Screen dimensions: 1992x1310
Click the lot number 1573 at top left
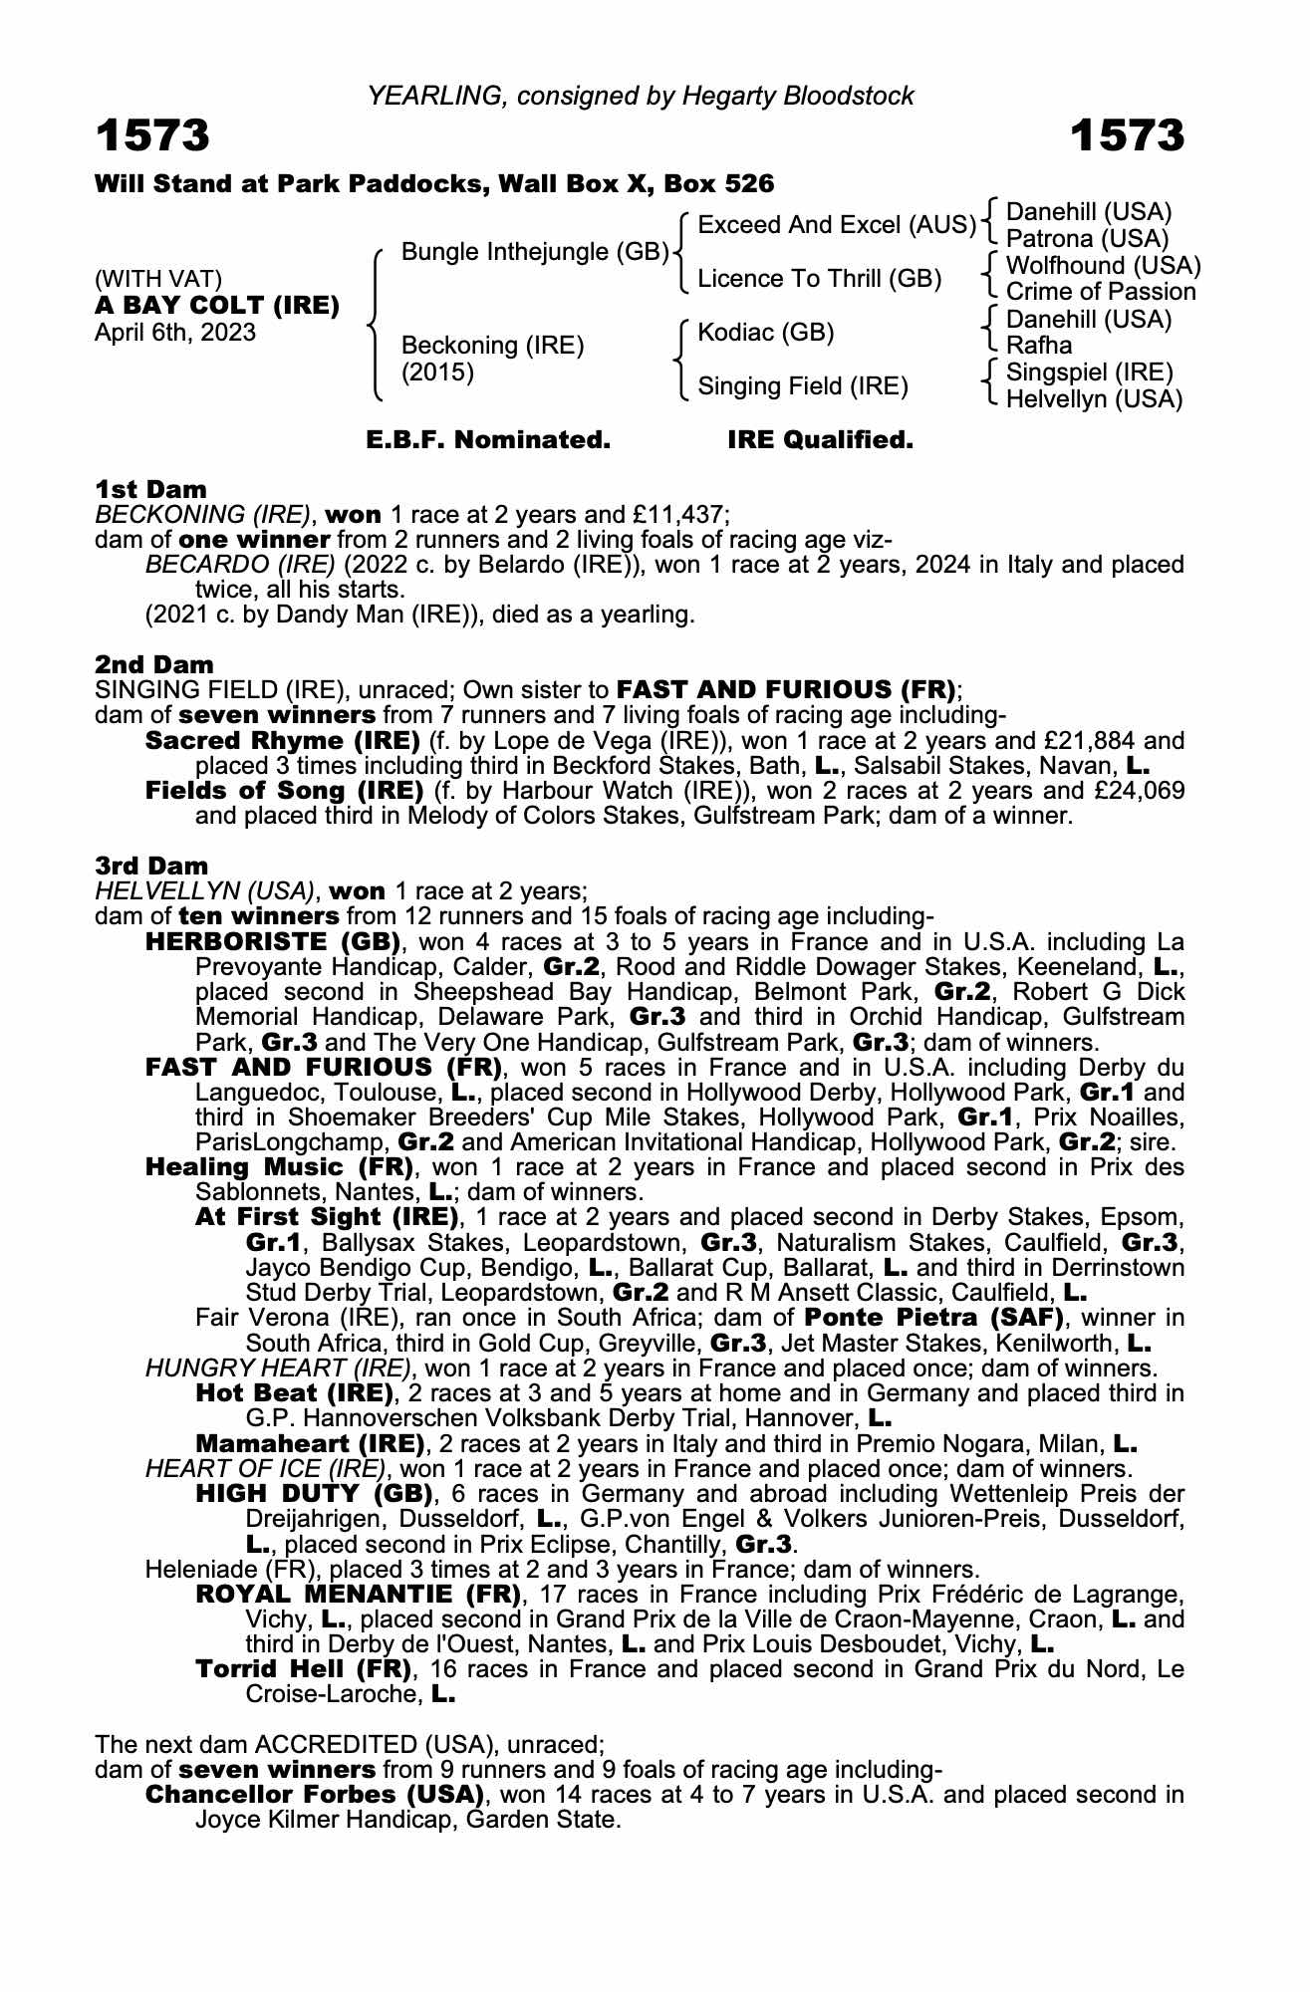[x=152, y=136]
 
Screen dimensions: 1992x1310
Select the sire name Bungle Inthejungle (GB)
[x=534, y=252]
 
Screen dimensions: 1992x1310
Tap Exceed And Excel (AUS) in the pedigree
[x=836, y=225]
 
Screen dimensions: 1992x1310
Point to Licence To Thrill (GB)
[x=819, y=279]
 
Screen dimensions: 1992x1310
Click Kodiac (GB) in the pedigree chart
[x=765, y=332]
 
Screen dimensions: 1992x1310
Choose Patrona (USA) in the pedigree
[x=1087, y=239]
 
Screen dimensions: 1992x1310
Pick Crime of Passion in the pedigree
[x=1100, y=292]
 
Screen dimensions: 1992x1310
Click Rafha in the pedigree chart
[x=1039, y=346]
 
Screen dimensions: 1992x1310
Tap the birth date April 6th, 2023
[x=175, y=333]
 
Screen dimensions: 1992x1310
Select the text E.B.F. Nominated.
[x=488, y=440]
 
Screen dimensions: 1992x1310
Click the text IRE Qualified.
[x=820, y=440]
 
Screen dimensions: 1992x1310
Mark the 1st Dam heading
[x=150, y=489]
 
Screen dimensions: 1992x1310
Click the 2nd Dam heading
[x=153, y=664]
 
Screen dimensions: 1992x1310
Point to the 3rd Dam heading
[x=151, y=866]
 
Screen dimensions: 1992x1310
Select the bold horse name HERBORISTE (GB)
[x=272, y=941]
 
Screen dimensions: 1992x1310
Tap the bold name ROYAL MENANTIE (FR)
[x=358, y=1595]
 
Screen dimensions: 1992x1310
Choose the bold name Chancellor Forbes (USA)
[x=314, y=1795]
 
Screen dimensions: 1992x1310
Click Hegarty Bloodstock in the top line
[x=797, y=96]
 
